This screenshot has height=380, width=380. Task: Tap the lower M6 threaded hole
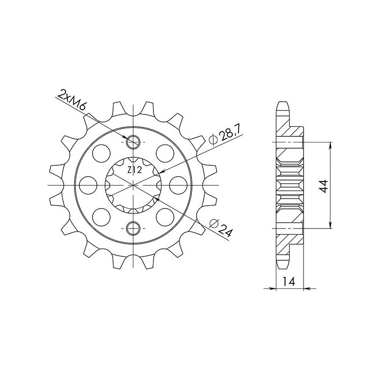[133, 228]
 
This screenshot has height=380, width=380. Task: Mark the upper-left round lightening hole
[100, 153]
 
